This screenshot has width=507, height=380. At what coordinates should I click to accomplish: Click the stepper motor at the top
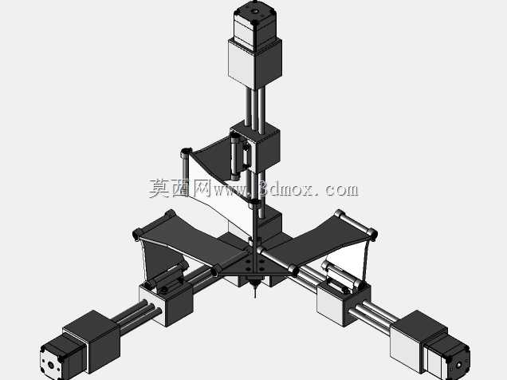pos(254,24)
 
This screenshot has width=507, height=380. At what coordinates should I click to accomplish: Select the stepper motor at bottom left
pos(63,358)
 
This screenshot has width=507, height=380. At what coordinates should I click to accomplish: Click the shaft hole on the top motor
pos(255,12)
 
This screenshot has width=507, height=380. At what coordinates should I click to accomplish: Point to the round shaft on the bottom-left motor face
pos(51,365)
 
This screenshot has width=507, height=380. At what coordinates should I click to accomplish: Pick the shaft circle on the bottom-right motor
pos(459,365)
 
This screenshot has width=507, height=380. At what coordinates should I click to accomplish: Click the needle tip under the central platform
pos(255,296)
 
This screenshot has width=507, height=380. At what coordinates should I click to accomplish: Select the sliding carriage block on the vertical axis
pos(255,147)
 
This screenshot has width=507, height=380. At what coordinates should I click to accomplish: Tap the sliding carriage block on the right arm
pos(344,303)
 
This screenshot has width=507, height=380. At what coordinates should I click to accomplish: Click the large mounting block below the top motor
pos(255,63)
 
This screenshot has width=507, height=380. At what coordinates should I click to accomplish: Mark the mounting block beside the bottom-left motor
pos(92,341)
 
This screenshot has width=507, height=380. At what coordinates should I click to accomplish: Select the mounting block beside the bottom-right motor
pos(419,342)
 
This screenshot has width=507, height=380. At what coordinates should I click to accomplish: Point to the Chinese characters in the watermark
pos(180,188)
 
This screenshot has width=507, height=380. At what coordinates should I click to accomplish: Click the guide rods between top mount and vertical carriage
pos(255,107)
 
